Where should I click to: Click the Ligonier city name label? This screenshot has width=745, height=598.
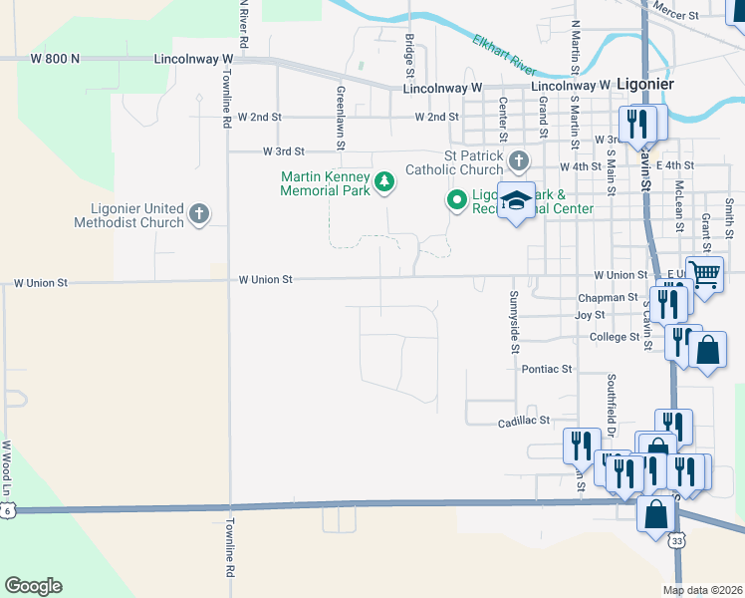(644, 85)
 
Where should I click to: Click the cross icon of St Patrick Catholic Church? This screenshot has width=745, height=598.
(518, 160)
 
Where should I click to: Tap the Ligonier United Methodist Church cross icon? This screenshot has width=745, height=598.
(199, 213)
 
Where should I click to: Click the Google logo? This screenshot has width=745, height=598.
(33, 585)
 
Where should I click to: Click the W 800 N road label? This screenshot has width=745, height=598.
(55, 60)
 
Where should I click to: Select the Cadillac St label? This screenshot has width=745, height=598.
(524, 423)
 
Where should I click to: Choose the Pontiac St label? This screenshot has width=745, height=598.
(548, 369)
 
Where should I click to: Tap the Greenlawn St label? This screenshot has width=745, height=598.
(340, 118)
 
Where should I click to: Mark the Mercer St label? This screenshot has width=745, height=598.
(677, 6)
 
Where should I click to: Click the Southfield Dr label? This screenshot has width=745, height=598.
(611, 402)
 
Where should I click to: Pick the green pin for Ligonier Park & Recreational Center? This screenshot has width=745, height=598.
(457, 200)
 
